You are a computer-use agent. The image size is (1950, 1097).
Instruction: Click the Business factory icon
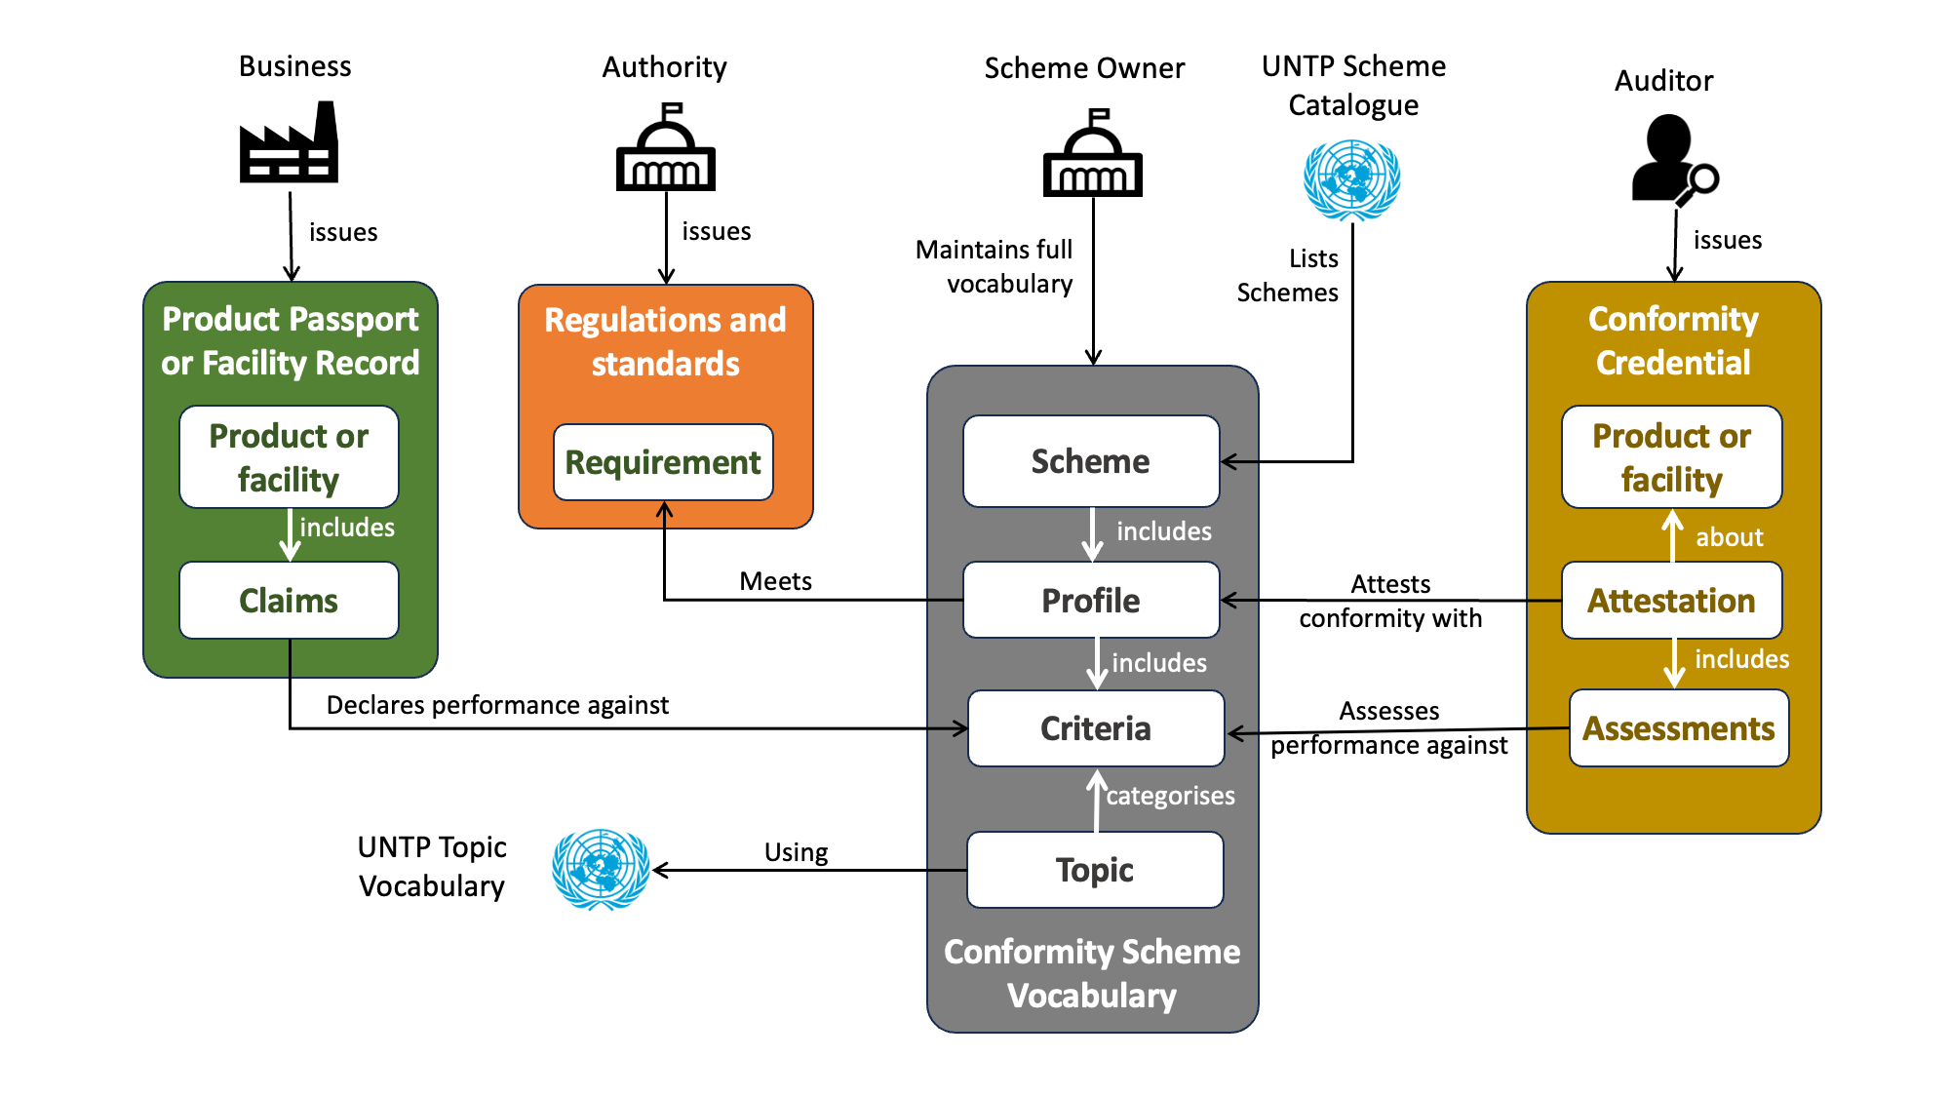click(290, 144)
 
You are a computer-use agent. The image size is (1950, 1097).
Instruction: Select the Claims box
click(289, 601)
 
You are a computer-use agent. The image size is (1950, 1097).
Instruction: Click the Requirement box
click(663, 462)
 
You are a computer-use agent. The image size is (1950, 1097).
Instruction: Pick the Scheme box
click(1091, 461)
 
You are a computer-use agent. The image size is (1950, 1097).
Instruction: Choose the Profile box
click(1091, 601)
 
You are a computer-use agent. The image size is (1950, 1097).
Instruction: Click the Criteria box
click(1096, 728)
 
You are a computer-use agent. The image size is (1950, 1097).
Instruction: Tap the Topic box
click(1095, 870)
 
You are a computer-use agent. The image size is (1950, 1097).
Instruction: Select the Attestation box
click(1671, 601)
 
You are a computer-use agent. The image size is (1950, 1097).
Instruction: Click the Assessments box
click(1679, 728)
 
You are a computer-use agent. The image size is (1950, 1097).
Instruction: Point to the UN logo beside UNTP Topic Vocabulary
click(601, 869)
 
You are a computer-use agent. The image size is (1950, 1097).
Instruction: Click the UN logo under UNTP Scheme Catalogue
click(1352, 180)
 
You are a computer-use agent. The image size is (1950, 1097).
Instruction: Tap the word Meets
click(775, 581)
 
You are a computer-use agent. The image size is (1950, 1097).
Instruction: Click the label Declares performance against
click(497, 705)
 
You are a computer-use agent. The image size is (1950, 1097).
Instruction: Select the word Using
click(796, 852)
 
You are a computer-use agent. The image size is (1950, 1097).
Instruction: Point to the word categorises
click(1170, 796)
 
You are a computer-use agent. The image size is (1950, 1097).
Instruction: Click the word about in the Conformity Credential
click(1729, 537)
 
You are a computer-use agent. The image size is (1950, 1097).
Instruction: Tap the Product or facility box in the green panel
click(289, 457)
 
